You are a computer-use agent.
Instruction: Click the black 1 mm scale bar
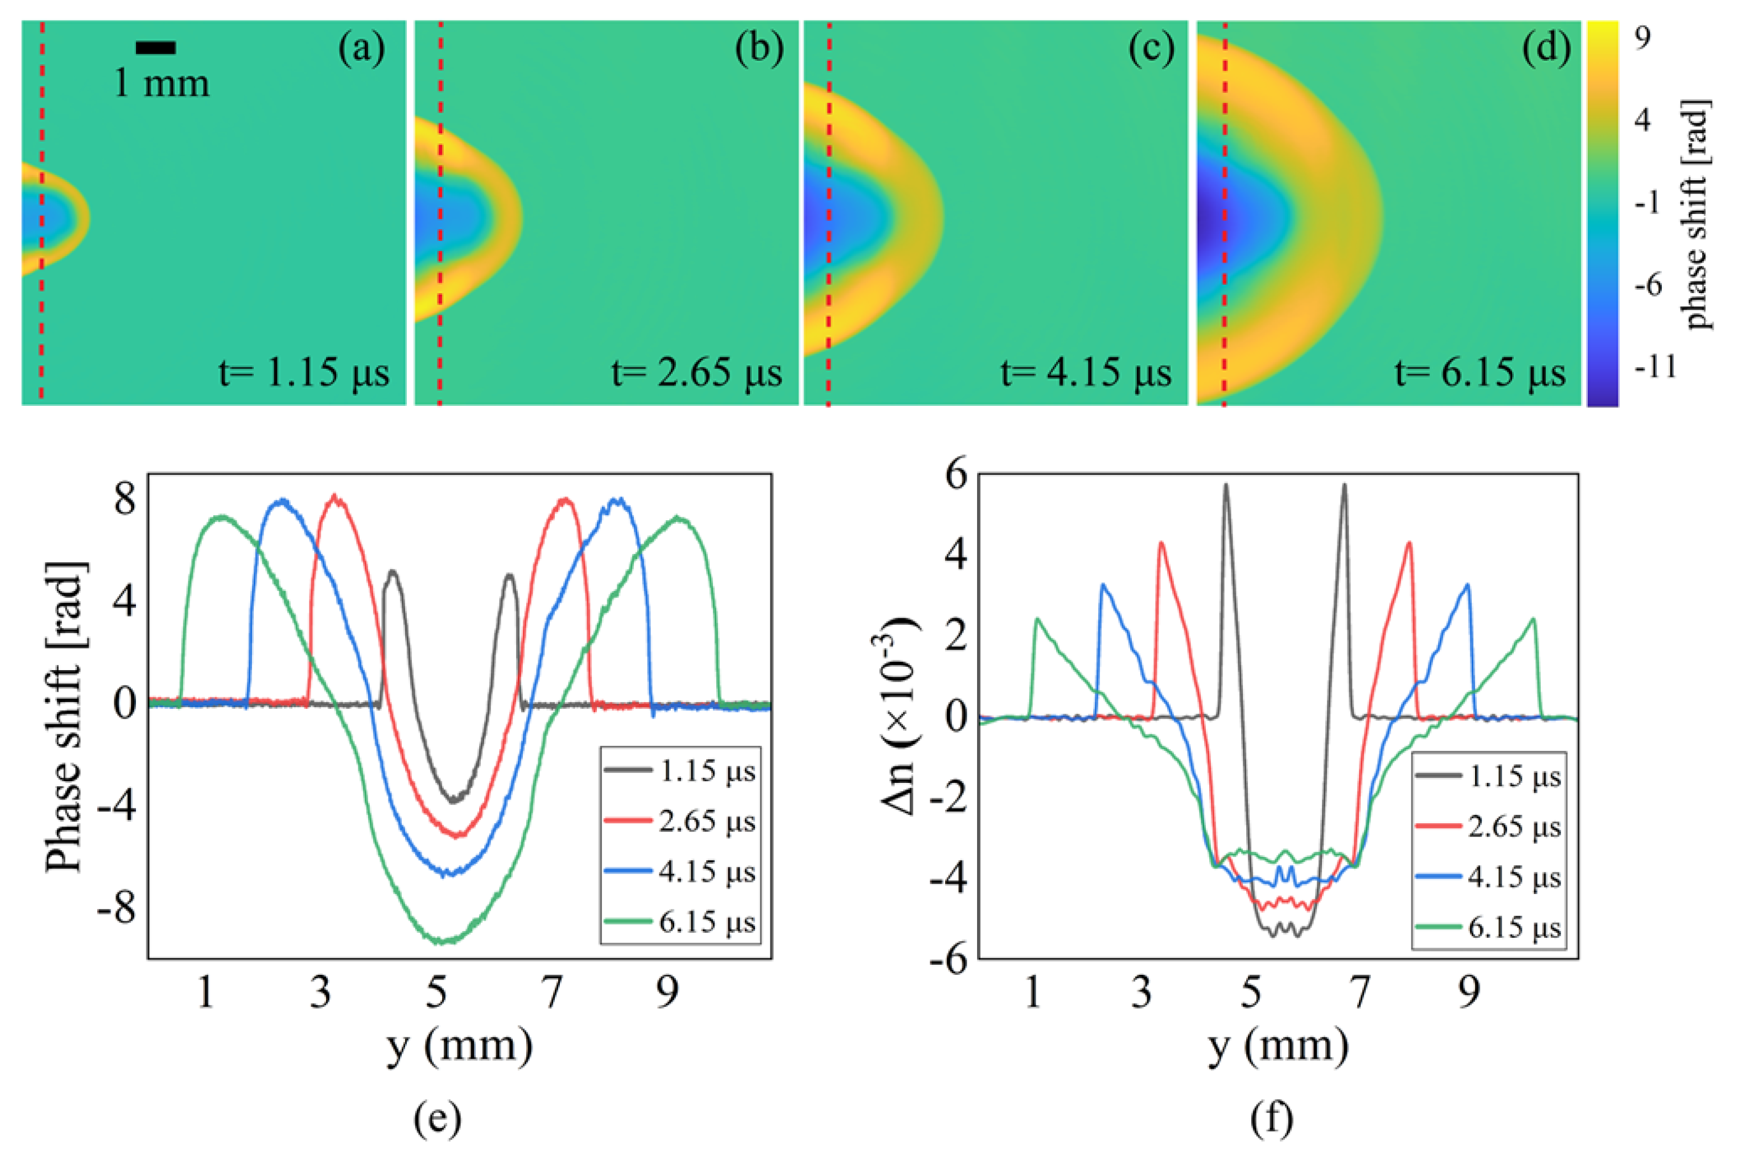point(155,48)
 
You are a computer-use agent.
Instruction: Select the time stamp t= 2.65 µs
point(696,373)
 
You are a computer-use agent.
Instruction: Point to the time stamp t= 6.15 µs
point(1480,373)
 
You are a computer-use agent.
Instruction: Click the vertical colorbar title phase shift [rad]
point(1698,213)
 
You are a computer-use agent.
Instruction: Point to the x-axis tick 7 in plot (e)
point(552,992)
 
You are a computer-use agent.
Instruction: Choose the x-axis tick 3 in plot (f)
point(1141,992)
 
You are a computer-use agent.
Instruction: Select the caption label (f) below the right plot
point(1272,1118)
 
